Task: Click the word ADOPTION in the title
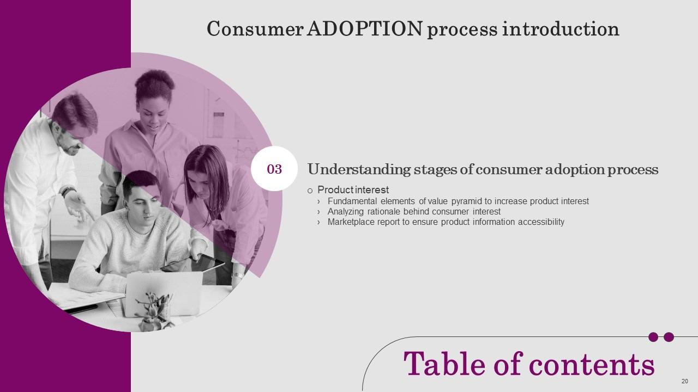click(365, 29)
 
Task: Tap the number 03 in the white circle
click(274, 169)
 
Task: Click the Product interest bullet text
click(353, 190)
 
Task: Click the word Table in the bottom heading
click(441, 364)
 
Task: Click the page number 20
click(684, 381)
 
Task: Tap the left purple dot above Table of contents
click(653, 337)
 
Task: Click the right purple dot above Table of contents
click(669, 337)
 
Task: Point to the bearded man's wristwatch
click(68, 191)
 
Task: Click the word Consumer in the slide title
click(254, 29)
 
